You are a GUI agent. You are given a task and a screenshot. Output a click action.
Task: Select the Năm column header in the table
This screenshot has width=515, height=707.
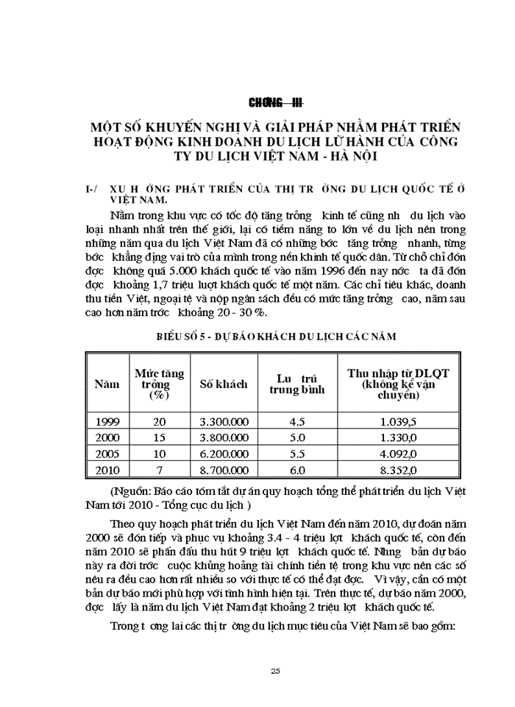point(107,384)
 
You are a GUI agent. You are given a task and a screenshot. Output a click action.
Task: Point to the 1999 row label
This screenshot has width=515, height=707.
point(107,422)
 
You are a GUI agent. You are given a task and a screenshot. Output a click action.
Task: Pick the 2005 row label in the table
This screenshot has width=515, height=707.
point(107,454)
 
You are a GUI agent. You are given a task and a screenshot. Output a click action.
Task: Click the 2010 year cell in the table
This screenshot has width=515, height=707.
point(107,470)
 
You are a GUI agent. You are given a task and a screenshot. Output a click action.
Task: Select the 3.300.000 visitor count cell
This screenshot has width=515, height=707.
point(224,422)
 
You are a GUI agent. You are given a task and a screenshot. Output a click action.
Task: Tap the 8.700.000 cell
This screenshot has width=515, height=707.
point(224,470)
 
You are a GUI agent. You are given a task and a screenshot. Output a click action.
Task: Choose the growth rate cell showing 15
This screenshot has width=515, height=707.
point(160,438)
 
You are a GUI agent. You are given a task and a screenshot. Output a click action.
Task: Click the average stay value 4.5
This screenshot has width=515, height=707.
point(296,422)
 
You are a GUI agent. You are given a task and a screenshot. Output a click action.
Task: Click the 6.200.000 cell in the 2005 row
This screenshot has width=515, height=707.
point(224,454)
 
